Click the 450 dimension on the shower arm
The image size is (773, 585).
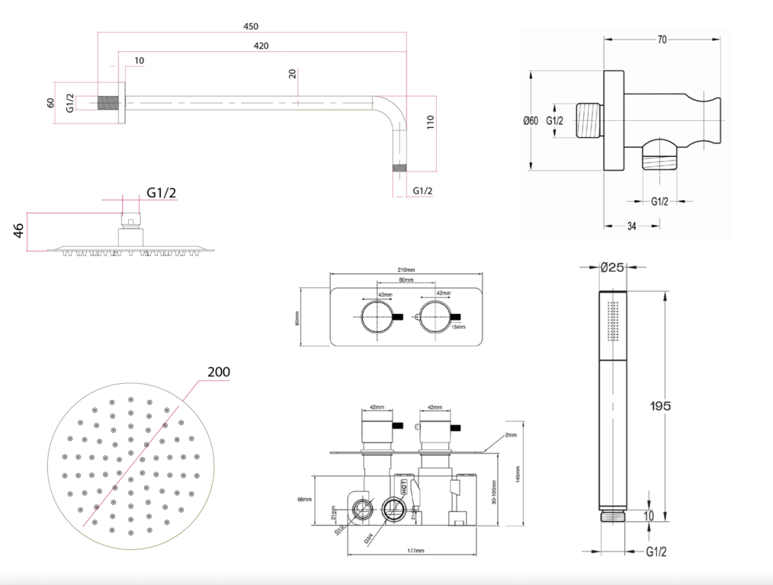(250, 27)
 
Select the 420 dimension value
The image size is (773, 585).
(261, 46)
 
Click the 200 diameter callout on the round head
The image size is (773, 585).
(218, 372)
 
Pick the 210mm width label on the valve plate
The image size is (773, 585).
(406, 270)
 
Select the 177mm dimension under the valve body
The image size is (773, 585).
(415, 550)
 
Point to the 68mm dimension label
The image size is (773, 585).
(305, 499)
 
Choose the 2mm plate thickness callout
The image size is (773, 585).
(509, 436)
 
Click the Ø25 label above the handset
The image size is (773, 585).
(613, 267)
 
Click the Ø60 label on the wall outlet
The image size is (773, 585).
(531, 120)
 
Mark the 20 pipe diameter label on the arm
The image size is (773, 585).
(293, 74)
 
